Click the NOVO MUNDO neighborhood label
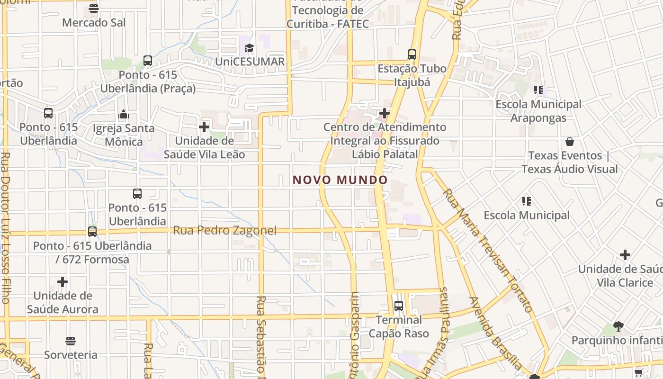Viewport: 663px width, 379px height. point(340,180)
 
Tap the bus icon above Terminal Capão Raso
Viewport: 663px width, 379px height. point(398,306)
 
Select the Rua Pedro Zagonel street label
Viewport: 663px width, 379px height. point(224,231)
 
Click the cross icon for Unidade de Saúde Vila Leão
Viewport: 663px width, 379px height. point(204,127)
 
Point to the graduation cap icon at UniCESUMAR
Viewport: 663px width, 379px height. point(249,47)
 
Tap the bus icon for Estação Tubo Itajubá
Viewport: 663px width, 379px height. point(412,54)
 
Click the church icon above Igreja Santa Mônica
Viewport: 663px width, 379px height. point(124,114)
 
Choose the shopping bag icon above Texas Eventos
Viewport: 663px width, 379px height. point(570,142)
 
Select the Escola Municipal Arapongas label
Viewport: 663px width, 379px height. point(538,111)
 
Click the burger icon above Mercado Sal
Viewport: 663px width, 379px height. point(94,9)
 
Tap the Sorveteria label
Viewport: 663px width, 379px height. point(71,355)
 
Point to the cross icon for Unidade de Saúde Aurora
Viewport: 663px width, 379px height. point(63,282)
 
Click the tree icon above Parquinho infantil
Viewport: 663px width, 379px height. point(618,326)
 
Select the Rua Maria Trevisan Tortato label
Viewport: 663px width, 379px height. point(488,251)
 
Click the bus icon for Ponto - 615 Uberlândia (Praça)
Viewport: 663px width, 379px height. point(148,61)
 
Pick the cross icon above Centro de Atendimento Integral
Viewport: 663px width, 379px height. point(385,113)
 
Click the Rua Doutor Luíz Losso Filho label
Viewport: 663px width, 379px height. point(5,227)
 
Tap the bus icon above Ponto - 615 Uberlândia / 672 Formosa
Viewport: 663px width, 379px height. point(92,232)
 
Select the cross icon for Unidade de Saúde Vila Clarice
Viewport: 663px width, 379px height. point(625,255)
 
